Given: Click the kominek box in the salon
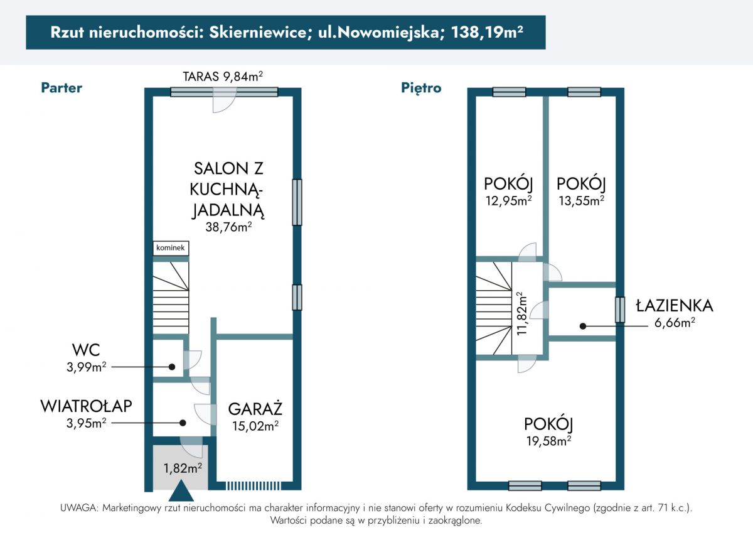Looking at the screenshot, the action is coord(171,248).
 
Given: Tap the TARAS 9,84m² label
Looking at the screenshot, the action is coord(223,77).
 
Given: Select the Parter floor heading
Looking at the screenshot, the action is coord(61,88).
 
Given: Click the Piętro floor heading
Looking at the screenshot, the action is coord(421,88).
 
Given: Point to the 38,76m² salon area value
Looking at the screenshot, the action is coord(228,227).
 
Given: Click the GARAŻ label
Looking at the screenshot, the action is coord(255,409).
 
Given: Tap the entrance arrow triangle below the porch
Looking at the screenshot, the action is coord(181,491).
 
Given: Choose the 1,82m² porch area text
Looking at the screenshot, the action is coord(183,468).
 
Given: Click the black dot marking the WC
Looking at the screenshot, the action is coord(172,367).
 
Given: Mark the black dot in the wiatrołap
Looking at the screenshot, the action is coord(183,423).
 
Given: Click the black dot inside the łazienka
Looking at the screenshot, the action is coord(583,326).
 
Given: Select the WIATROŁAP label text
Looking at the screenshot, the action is coord(87,406).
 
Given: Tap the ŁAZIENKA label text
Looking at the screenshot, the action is coord(675,306).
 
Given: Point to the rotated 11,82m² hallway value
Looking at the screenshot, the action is coord(521,313).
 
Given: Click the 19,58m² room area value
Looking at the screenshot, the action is coord(548,441).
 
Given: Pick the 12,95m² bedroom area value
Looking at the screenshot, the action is coord(509,201).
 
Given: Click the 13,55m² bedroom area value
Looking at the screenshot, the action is coord(582,201).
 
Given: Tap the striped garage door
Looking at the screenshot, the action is coord(253,485).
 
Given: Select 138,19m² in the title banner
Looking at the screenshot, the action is coord(487,32).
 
